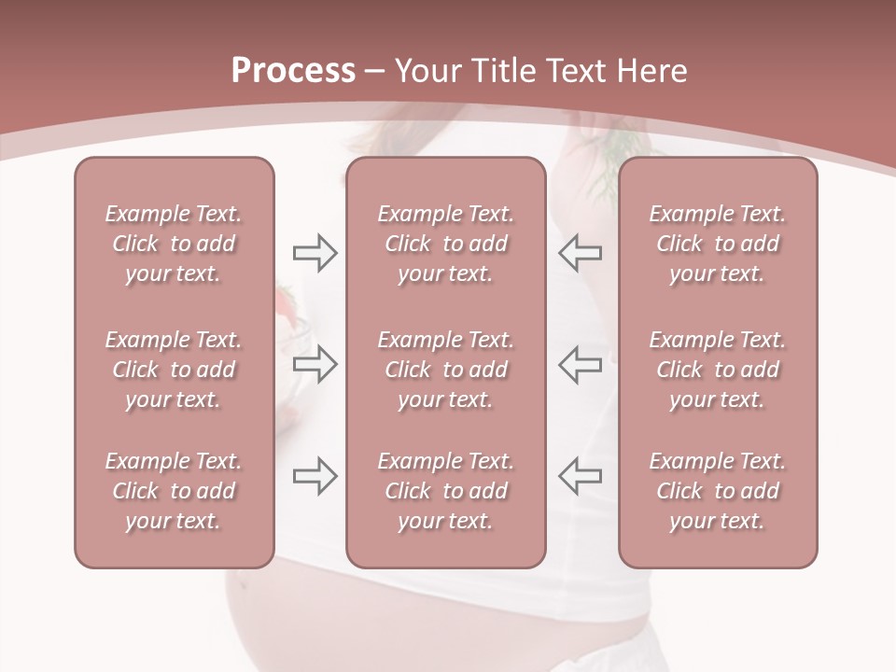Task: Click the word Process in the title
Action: click(x=293, y=71)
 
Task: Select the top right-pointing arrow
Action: click(x=315, y=252)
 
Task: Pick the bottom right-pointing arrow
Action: click(x=315, y=476)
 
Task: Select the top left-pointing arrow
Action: click(x=580, y=252)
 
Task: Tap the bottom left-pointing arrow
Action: click(x=580, y=476)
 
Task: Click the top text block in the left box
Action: click(x=174, y=244)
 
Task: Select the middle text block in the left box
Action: click(x=174, y=370)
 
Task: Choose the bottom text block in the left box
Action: click(x=174, y=491)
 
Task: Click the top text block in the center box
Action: click(x=445, y=244)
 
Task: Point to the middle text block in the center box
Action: click(x=445, y=370)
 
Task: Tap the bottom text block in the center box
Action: click(x=445, y=491)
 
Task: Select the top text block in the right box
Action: click(x=717, y=244)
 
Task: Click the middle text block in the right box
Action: click(x=717, y=370)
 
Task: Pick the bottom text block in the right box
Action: click(x=717, y=491)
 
